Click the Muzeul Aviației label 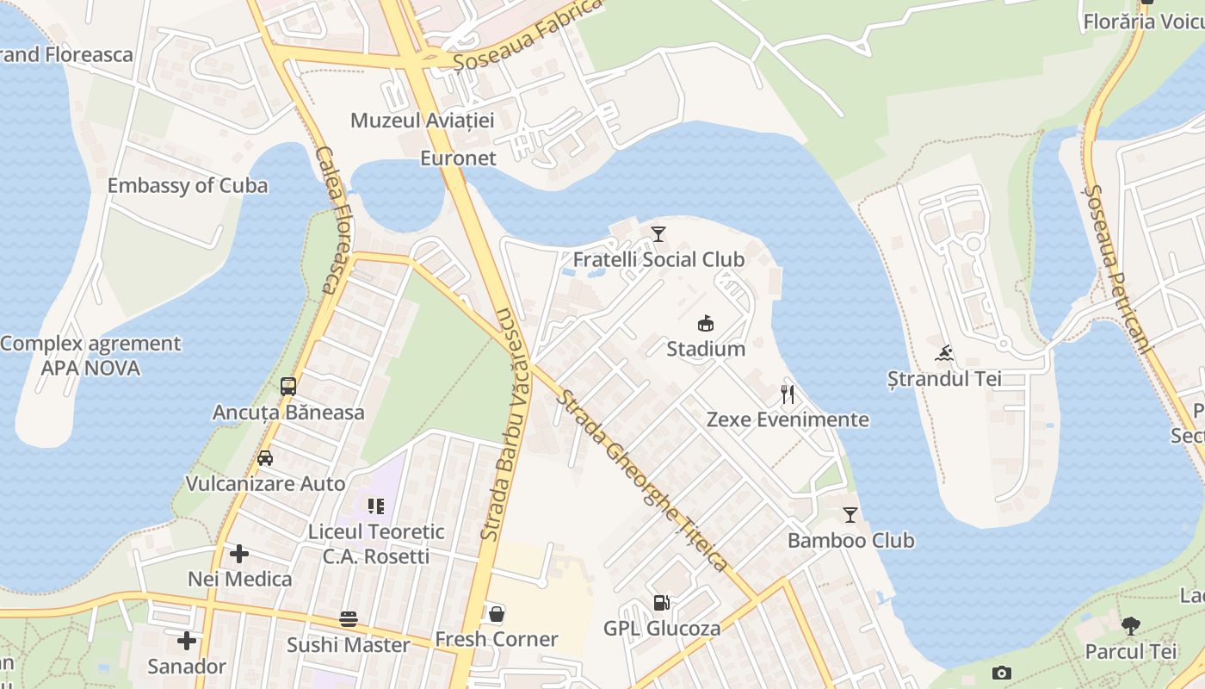422,120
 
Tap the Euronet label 458,158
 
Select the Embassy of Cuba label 187,185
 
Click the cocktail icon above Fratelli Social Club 658,233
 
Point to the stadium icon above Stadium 706,323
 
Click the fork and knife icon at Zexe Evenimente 788,394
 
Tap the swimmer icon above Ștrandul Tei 944,353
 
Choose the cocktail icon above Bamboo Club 850,515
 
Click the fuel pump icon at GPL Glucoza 661,603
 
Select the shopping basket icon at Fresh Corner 497,614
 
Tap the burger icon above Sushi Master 349,619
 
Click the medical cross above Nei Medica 239,553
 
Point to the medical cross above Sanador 187,641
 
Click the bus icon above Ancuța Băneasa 288,387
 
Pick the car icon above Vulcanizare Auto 265,458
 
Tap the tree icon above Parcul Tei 1131,626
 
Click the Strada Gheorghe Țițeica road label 643,481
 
